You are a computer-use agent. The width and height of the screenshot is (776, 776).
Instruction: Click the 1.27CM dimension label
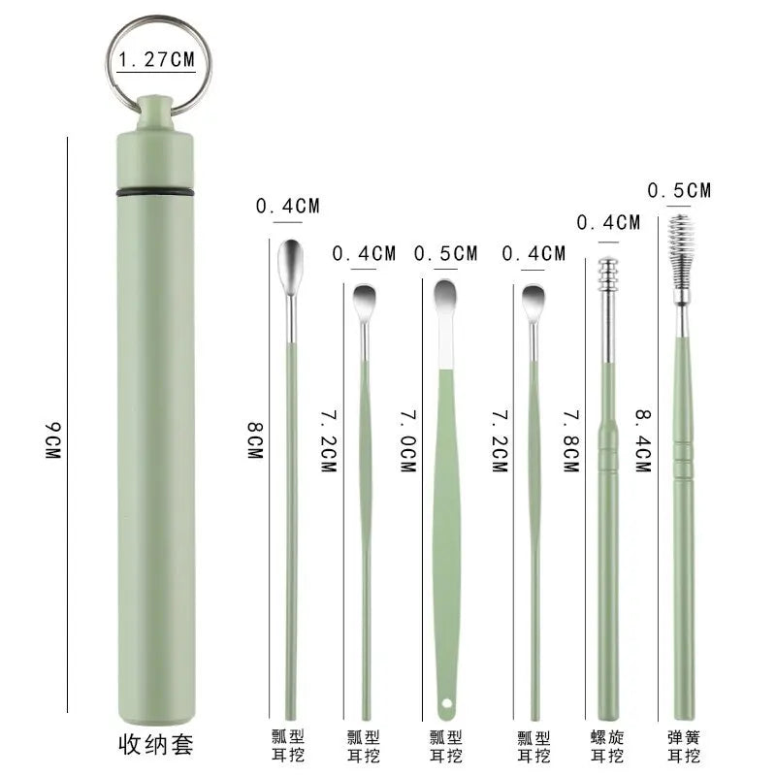click(x=155, y=60)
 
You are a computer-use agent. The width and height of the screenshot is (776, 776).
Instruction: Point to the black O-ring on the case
click(x=155, y=193)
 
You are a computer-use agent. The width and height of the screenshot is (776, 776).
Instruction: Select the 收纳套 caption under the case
click(x=155, y=745)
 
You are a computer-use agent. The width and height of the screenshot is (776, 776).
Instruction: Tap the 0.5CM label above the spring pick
click(x=679, y=190)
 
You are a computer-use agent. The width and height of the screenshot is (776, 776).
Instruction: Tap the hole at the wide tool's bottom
click(x=447, y=700)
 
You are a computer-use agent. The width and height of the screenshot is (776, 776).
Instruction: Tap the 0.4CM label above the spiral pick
click(x=608, y=222)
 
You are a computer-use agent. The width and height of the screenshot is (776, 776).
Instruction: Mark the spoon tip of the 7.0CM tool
click(x=445, y=295)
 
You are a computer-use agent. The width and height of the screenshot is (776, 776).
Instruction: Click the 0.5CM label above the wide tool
click(x=445, y=253)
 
